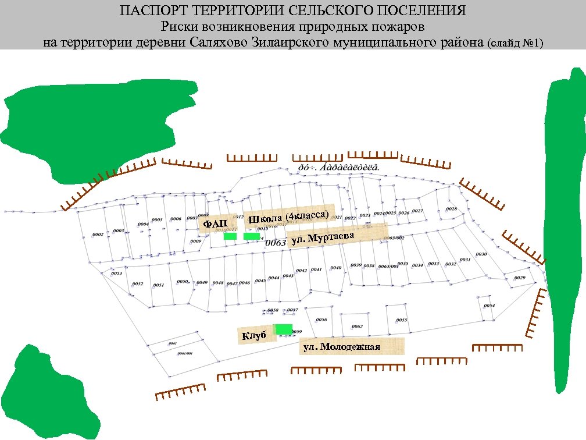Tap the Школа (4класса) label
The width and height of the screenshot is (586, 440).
click(289, 217)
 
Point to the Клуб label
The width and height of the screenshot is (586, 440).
click(253, 336)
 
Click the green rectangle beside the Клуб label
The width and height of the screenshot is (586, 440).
click(284, 329)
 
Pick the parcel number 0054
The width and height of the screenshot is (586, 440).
click(489, 306)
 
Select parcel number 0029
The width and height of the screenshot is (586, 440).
click(519, 278)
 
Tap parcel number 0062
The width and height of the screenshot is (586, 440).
click(357, 327)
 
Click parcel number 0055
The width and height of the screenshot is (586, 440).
click(401, 320)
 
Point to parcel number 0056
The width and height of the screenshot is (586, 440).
click(321, 320)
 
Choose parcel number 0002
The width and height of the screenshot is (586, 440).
click(98, 235)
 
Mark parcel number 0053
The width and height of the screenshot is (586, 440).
click(116, 273)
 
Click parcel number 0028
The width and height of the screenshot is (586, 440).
click(451, 209)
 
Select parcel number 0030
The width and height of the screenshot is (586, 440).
click(481, 254)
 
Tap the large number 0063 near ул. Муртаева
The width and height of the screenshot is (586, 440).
click(276, 242)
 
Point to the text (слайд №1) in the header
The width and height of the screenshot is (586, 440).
click(515, 43)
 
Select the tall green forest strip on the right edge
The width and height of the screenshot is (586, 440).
click(564, 233)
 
